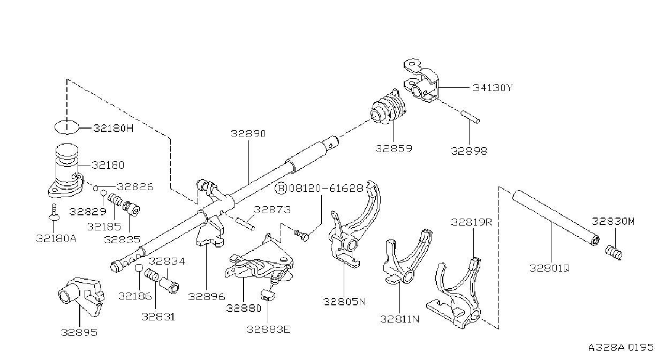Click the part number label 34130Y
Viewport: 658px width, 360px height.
(493, 87)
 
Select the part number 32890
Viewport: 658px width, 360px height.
(248, 134)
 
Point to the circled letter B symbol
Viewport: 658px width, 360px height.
(280, 188)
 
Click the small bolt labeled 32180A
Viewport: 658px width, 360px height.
(54, 213)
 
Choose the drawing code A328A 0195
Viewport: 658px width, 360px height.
(621, 348)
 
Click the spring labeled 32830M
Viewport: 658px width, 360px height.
(614, 253)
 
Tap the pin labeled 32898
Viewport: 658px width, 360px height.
(470, 117)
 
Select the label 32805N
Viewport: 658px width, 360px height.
(345, 302)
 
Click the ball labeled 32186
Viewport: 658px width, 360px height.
(139, 268)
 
